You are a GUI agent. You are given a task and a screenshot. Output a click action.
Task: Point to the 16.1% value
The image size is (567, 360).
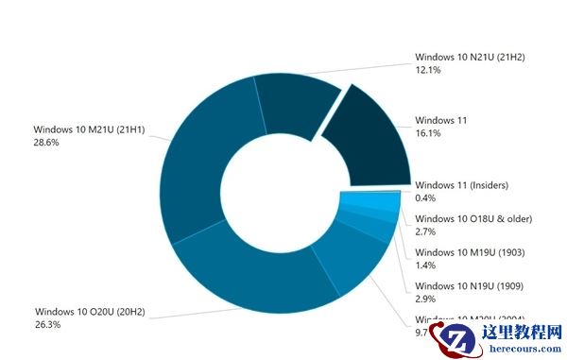coord(428,135)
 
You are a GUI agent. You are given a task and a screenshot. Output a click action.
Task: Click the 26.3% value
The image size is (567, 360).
coord(48,324)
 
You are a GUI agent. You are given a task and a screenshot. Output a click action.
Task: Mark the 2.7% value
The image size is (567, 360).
coord(425,232)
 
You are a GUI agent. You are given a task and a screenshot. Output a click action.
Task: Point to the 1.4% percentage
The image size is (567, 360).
coord(425,266)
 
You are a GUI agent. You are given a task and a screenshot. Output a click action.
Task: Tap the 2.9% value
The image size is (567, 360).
coord(425,300)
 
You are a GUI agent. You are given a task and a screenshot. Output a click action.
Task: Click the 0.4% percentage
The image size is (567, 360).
coord(425,197)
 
